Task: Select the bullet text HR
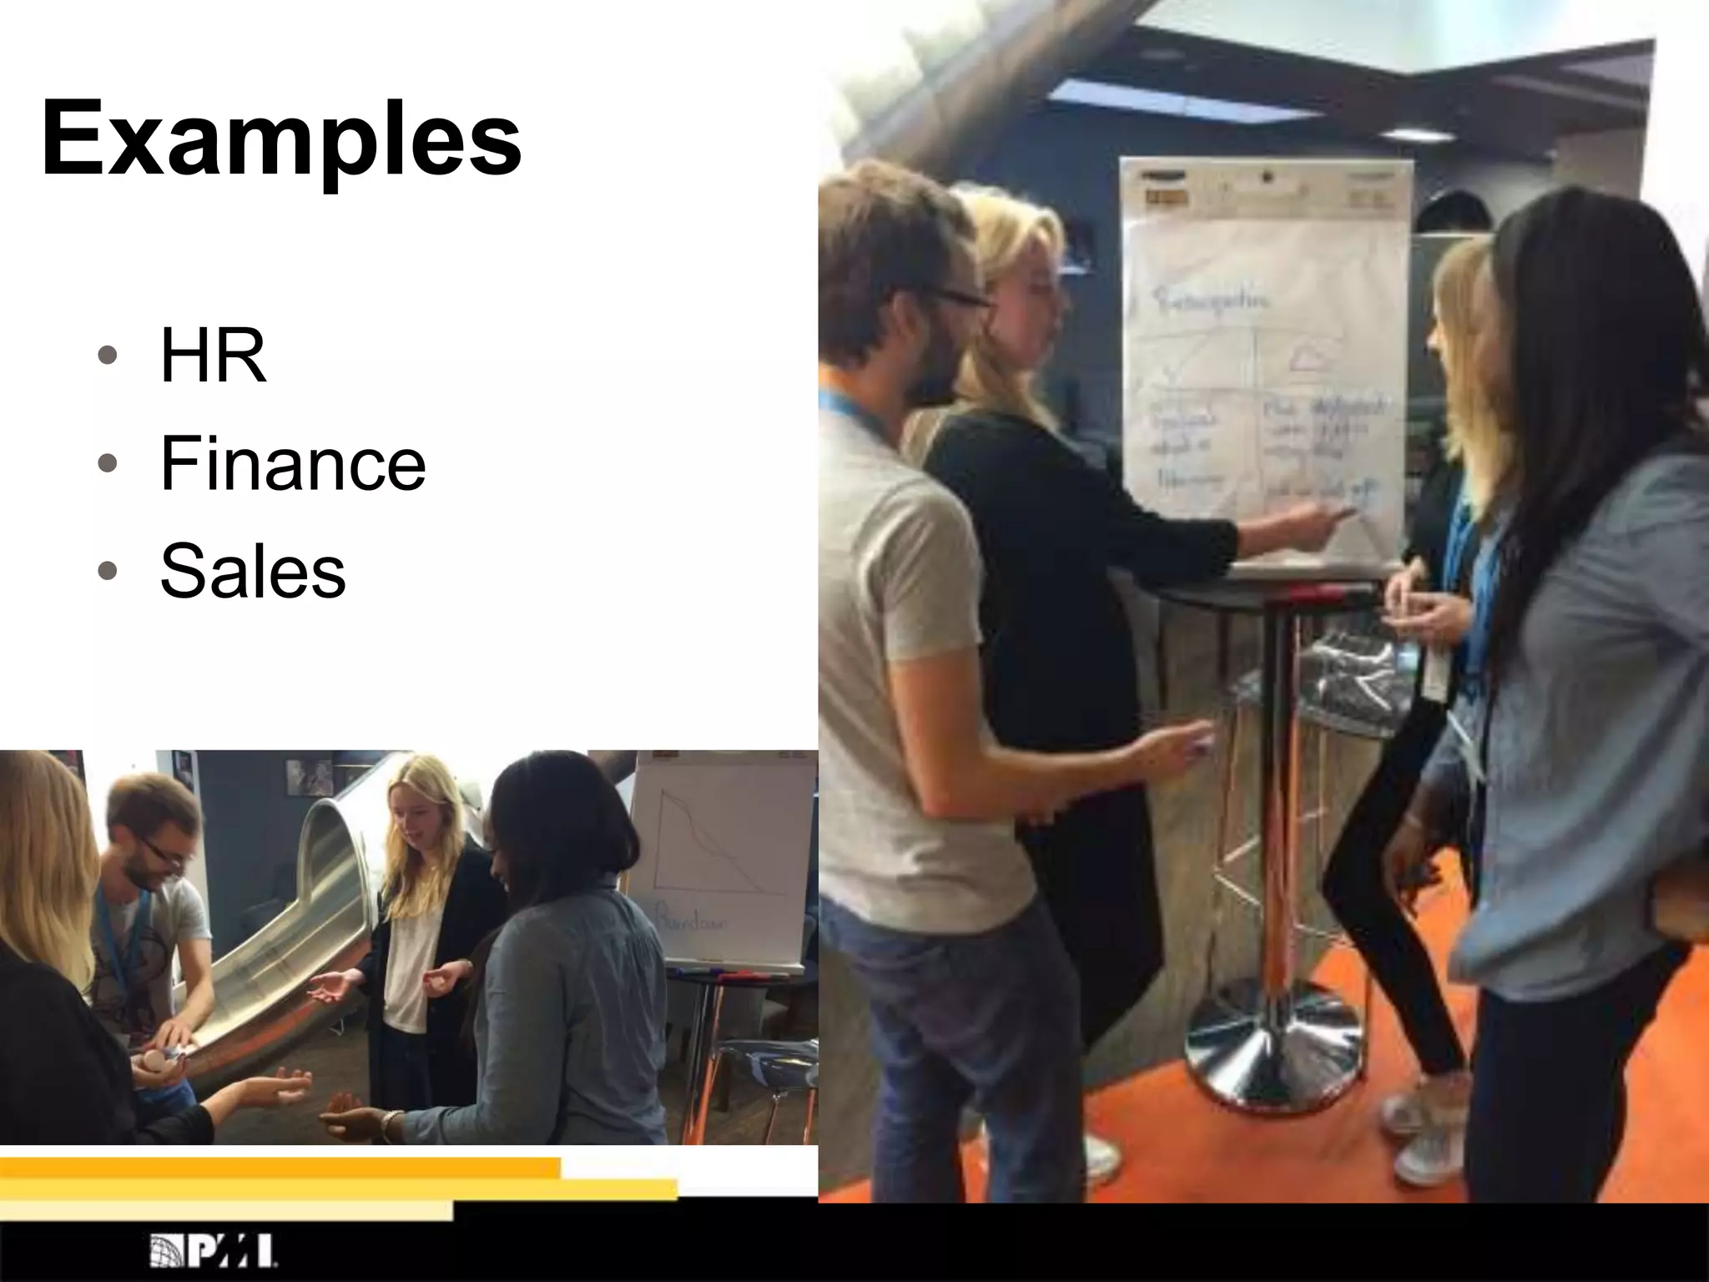point(214,356)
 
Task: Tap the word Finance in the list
point(293,464)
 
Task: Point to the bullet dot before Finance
point(107,464)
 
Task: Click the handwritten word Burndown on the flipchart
point(693,923)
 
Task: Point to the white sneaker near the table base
point(1429,1152)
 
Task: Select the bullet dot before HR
point(107,356)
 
